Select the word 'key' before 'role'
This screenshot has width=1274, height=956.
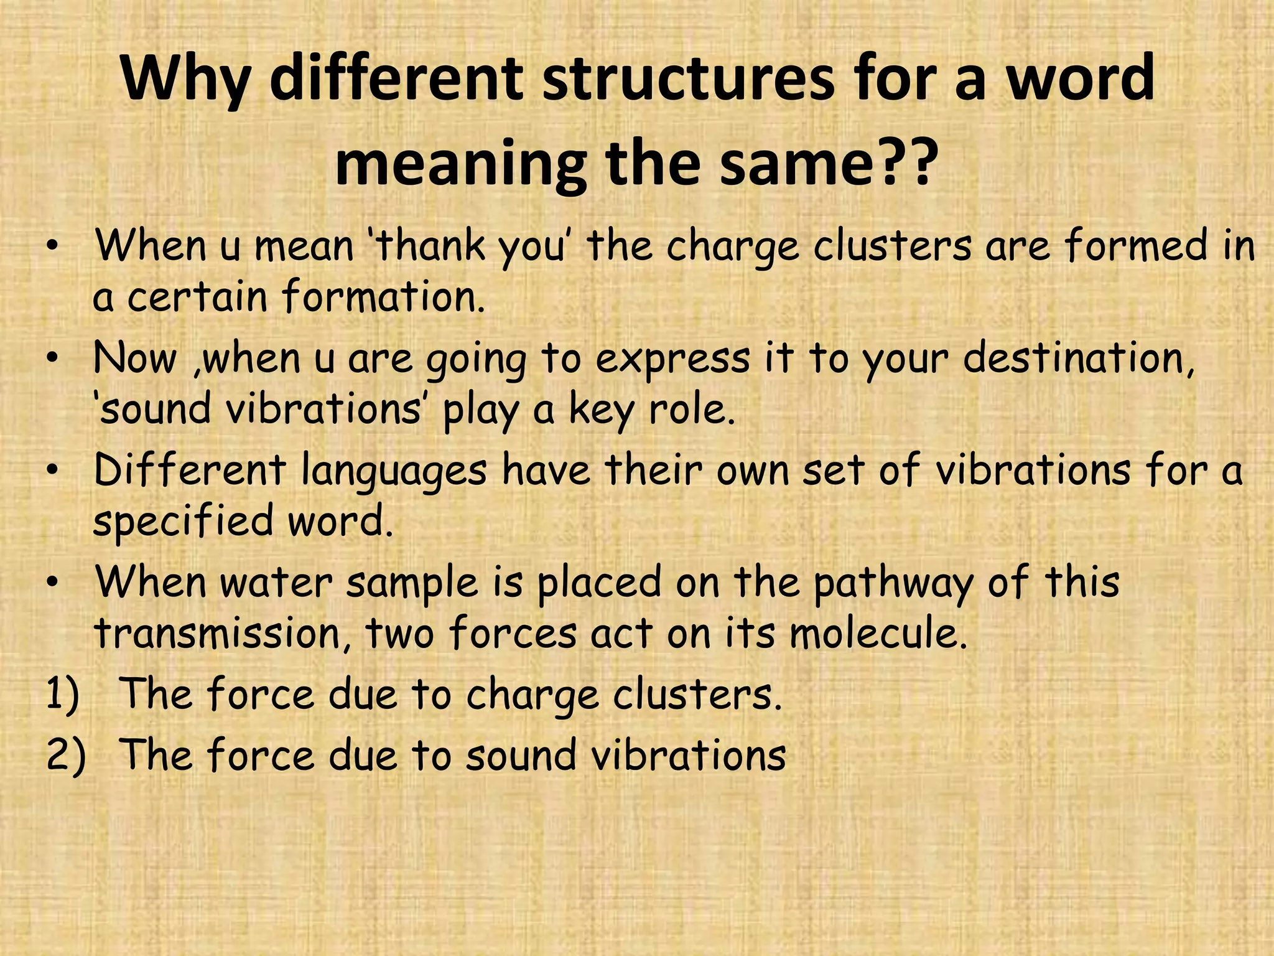click(x=602, y=411)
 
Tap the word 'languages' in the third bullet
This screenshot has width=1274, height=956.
click(x=393, y=471)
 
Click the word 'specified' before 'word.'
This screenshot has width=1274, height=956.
click(x=183, y=522)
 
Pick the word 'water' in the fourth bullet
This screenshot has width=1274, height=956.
click(x=277, y=583)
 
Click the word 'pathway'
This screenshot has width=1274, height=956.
click(x=893, y=583)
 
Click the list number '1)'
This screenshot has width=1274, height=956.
click(x=63, y=695)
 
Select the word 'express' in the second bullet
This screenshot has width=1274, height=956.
click(x=672, y=360)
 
